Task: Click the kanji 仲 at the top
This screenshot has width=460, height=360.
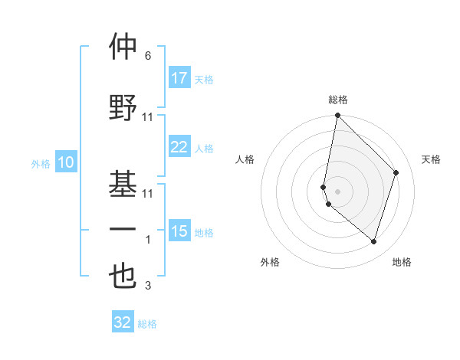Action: point(123,47)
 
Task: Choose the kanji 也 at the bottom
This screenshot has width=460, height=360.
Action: point(123,277)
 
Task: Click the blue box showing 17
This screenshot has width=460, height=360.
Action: point(179,78)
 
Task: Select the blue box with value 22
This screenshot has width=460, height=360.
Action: point(179,147)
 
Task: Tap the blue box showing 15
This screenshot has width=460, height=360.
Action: point(179,231)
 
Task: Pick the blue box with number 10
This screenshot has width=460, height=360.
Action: point(65,162)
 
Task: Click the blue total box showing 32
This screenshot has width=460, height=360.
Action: point(123,322)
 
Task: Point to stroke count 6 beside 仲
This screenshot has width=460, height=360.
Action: point(147,56)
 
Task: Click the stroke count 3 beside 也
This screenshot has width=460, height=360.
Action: point(147,286)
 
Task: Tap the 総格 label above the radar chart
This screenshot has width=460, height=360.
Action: point(338,100)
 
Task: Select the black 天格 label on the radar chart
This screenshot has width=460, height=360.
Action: point(431,159)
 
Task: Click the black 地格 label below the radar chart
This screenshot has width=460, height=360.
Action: point(402,262)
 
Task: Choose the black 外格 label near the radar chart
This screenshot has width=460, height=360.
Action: point(270,262)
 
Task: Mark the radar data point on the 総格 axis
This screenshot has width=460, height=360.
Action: point(337,116)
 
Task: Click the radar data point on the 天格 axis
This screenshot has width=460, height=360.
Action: point(396,172)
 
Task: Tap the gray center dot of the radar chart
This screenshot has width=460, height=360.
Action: point(337,191)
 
